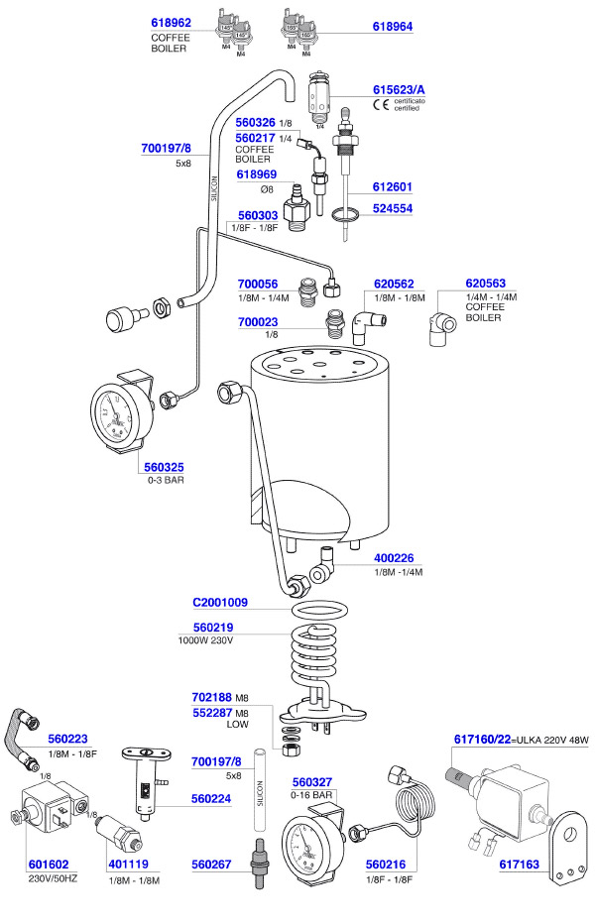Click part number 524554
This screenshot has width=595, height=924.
391,209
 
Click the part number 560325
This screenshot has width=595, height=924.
163,467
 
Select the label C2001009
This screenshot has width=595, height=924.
220,602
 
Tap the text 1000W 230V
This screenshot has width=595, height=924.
204,639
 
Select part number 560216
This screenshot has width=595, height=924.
388,864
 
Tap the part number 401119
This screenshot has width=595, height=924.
130,864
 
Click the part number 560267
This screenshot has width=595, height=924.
212,864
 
